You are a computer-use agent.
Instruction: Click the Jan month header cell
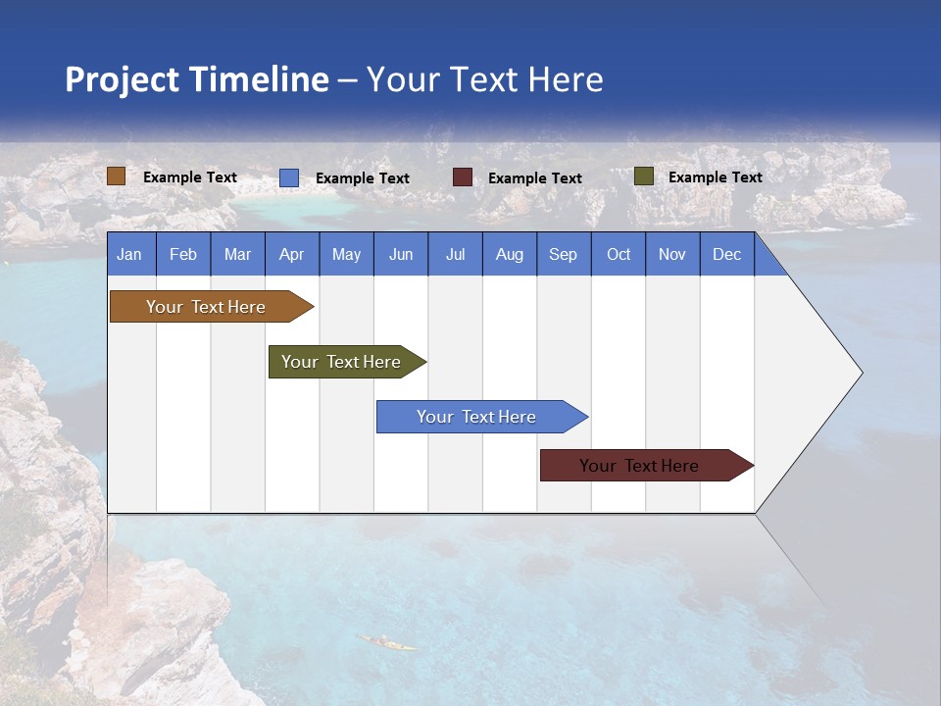pos(130,254)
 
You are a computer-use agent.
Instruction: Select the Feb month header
pos(183,254)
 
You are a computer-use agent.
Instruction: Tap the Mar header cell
pos(237,254)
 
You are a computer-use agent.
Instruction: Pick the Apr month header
pos(292,254)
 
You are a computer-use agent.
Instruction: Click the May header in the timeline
pos(346,254)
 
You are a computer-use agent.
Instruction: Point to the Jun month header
pos(401,254)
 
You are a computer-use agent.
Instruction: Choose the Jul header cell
pos(455,254)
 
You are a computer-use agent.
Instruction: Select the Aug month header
pos(510,254)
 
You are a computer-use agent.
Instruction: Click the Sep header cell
pos(564,254)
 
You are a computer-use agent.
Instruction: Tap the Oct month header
pos(619,254)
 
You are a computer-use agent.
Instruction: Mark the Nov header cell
pos(672,254)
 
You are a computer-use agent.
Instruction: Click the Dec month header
pos(727,254)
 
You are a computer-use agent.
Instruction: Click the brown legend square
pos(117,176)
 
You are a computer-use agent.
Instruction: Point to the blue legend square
pos(289,177)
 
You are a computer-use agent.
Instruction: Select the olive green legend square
pos(643,176)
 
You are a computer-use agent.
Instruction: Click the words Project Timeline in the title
pos(197,79)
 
